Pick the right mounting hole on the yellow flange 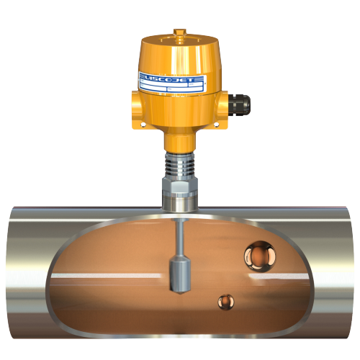(x=217, y=123)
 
